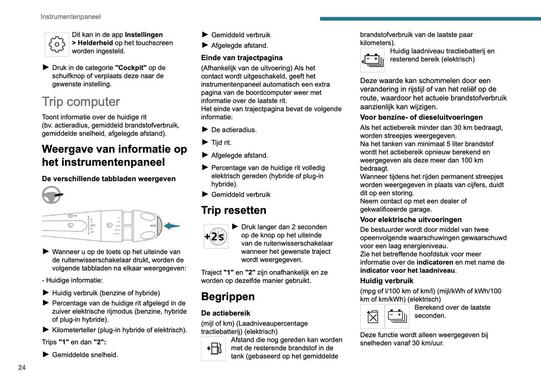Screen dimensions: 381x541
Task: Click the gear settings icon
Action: tap(57, 44)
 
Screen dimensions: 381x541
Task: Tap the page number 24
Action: tap(22, 368)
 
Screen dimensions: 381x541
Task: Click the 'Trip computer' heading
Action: tap(81, 102)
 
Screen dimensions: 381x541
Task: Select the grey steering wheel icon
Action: tap(52, 195)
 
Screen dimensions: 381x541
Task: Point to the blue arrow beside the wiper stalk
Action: tap(172, 226)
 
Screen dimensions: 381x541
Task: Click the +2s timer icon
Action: tap(216, 237)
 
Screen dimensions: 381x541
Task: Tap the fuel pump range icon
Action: tap(213, 348)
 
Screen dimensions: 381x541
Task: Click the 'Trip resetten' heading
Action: tap(234, 210)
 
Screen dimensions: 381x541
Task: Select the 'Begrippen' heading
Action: tap(228, 296)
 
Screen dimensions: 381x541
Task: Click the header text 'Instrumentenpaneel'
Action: tap(70, 17)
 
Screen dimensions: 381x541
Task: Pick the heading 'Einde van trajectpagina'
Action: tap(242, 58)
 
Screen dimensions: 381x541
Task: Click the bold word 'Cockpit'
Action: tap(131, 68)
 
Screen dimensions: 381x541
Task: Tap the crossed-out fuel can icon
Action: tap(373, 317)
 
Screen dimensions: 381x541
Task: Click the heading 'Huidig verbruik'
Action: tap(387, 281)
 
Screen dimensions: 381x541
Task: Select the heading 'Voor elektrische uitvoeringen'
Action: tap(411, 220)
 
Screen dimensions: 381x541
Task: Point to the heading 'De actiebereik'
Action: tap(225, 313)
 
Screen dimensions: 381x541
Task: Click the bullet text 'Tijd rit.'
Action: tap(221, 143)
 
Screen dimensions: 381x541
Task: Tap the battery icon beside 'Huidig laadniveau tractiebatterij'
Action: tap(373, 60)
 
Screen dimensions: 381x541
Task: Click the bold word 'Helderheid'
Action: tap(95, 43)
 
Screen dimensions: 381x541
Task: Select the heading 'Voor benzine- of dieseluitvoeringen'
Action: tap(421, 118)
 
